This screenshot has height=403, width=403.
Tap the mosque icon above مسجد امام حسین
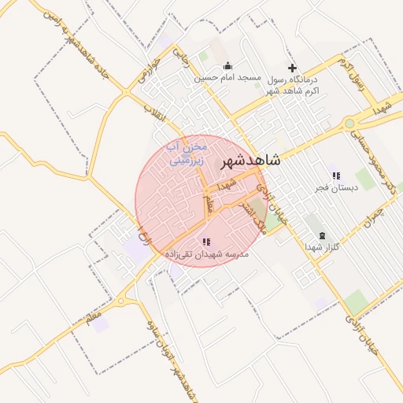(227, 66)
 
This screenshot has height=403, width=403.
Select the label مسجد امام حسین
(228, 79)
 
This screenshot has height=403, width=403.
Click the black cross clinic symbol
(293, 68)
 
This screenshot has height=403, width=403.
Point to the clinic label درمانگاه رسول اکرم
(293, 86)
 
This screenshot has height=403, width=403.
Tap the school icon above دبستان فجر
(336, 176)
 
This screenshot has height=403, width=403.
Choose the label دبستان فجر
(337, 187)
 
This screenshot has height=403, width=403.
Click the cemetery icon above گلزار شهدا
(321, 235)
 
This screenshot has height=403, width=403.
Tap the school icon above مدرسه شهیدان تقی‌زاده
(206, 242)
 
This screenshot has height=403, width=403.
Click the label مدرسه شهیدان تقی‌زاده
(206, 254)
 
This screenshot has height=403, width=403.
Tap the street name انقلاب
(160, 113)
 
